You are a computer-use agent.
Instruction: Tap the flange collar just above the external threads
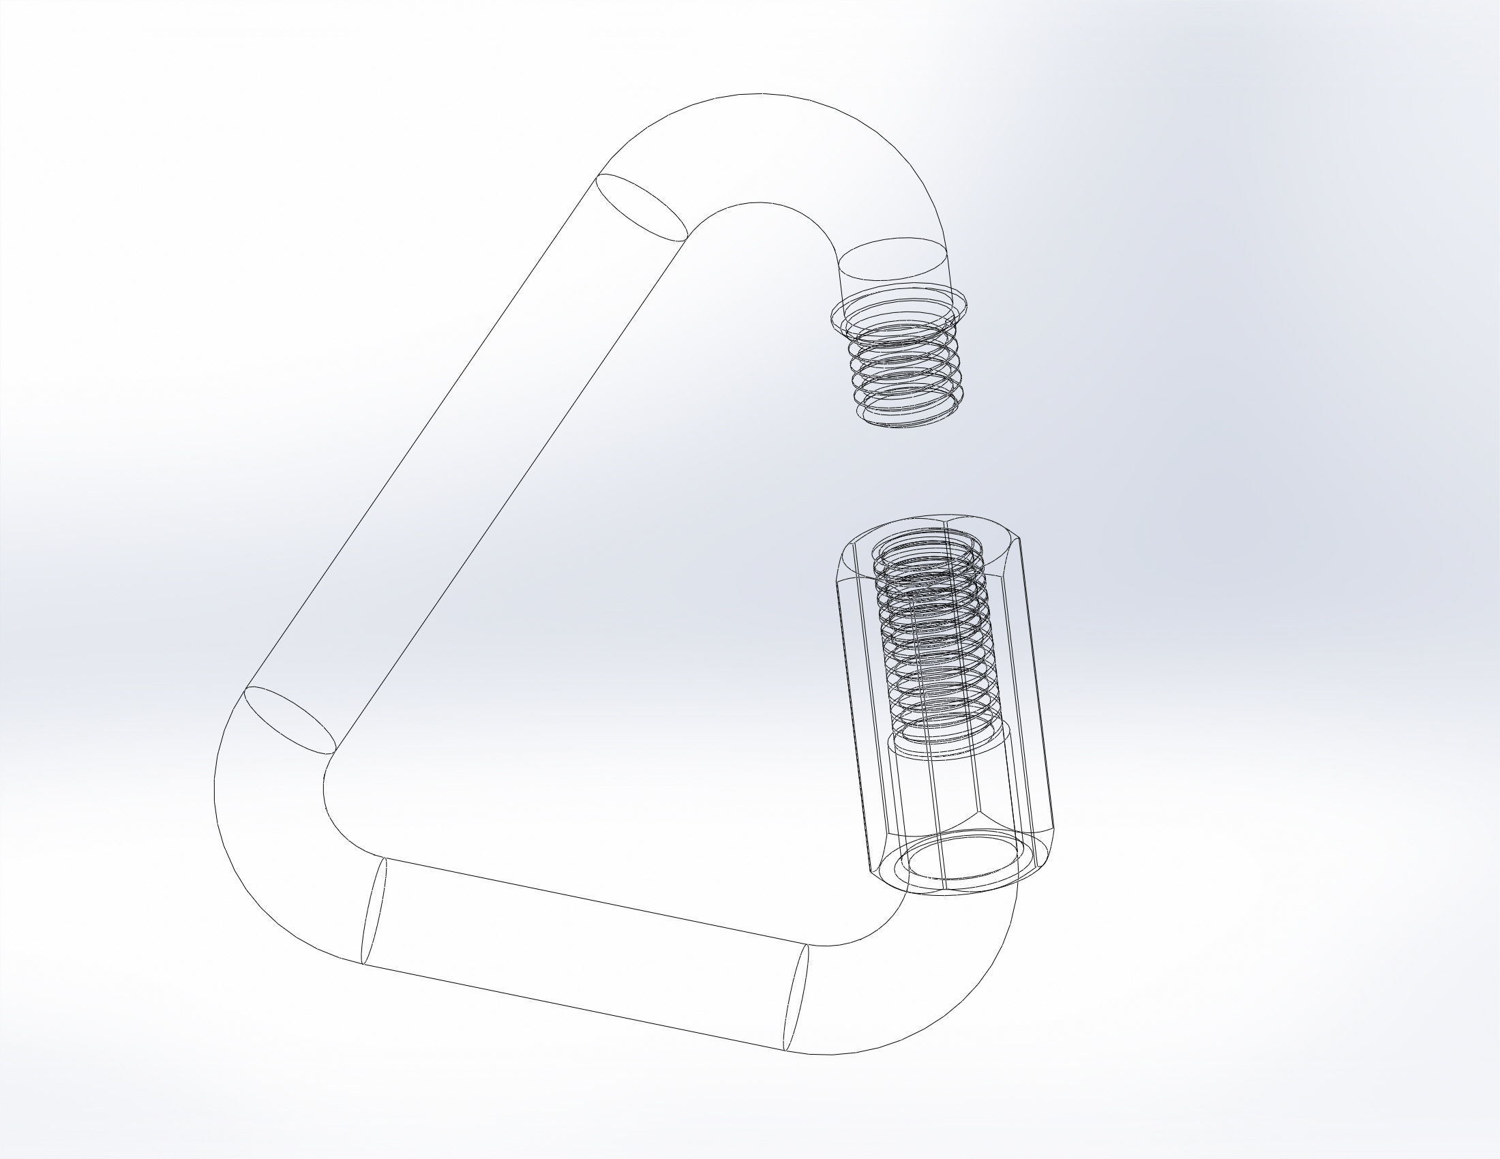[x=900, y=309]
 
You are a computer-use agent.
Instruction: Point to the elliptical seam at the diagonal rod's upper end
[x=642, y=207]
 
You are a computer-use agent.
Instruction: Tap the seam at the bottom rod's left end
[x=374, y=910]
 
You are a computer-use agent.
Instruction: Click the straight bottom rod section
[x=584, y=961]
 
